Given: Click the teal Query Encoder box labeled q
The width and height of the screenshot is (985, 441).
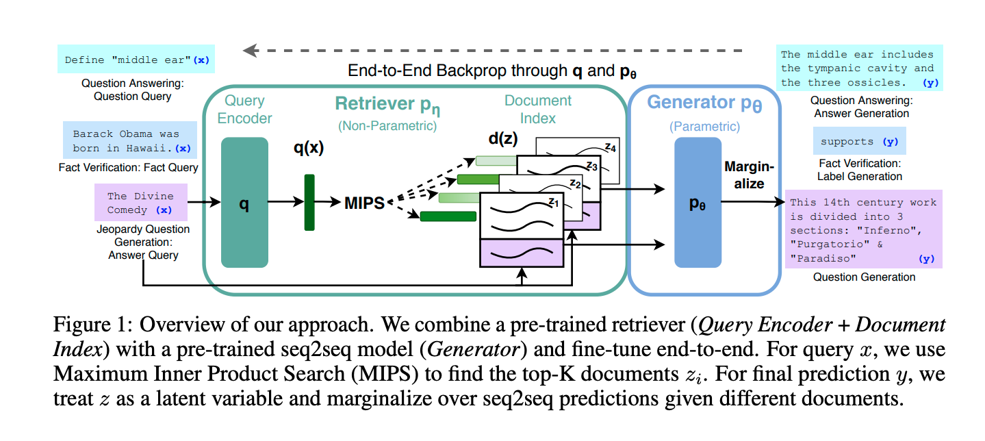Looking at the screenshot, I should [x=244, y=202].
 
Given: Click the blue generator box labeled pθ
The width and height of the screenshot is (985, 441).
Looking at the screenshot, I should [x=698, y=202].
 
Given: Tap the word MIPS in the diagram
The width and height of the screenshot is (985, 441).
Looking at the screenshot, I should [x=365, y=203].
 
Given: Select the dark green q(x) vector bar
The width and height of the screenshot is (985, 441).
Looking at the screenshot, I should [x=309, y=202].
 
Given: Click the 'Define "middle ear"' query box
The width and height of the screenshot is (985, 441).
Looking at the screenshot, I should [x=136, y=60].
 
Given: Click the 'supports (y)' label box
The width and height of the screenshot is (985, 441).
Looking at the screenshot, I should [x=860, y=142].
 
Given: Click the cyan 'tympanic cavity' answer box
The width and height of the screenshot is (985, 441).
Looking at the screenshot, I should [x=861, y=68].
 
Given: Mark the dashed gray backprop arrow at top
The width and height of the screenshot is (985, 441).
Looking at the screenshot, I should [x=493, y=50].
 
